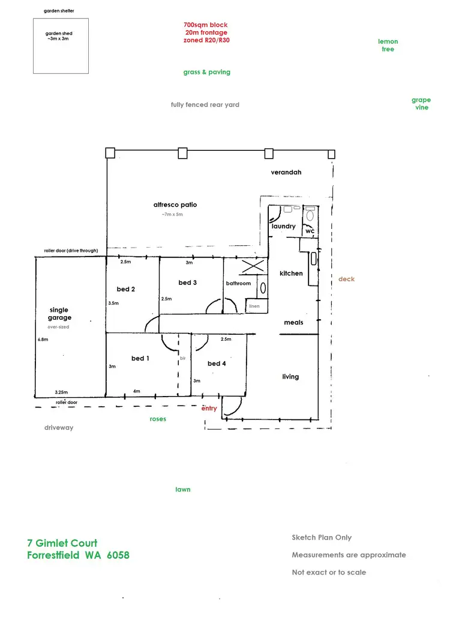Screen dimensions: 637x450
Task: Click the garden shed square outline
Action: point(61,46)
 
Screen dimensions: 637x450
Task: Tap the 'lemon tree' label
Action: point(388,45)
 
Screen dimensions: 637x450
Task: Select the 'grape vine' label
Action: point(421,104)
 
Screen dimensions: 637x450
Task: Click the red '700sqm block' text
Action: point(206,25)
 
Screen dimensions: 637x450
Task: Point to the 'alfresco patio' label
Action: point(175,205)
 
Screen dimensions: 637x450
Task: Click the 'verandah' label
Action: point(286,172)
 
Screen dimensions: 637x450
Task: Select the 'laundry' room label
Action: point(284,227)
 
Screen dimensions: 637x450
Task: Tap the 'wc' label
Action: point(310,231)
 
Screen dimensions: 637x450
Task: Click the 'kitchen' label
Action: point(292,273)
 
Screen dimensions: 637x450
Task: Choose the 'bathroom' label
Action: point(238,283)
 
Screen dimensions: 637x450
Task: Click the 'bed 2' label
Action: point(126,289)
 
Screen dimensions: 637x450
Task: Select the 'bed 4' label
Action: point(217,364)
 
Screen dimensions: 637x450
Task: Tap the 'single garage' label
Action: point(60,314)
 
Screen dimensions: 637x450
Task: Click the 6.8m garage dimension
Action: point(43,340)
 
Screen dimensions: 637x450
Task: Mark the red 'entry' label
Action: point(209,409)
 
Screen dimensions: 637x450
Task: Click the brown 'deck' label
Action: point(347,279)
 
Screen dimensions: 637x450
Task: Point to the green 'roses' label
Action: point(158,419)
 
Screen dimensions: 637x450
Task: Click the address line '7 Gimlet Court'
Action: point(62,543)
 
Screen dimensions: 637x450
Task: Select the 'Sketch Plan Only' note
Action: point(322,537)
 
